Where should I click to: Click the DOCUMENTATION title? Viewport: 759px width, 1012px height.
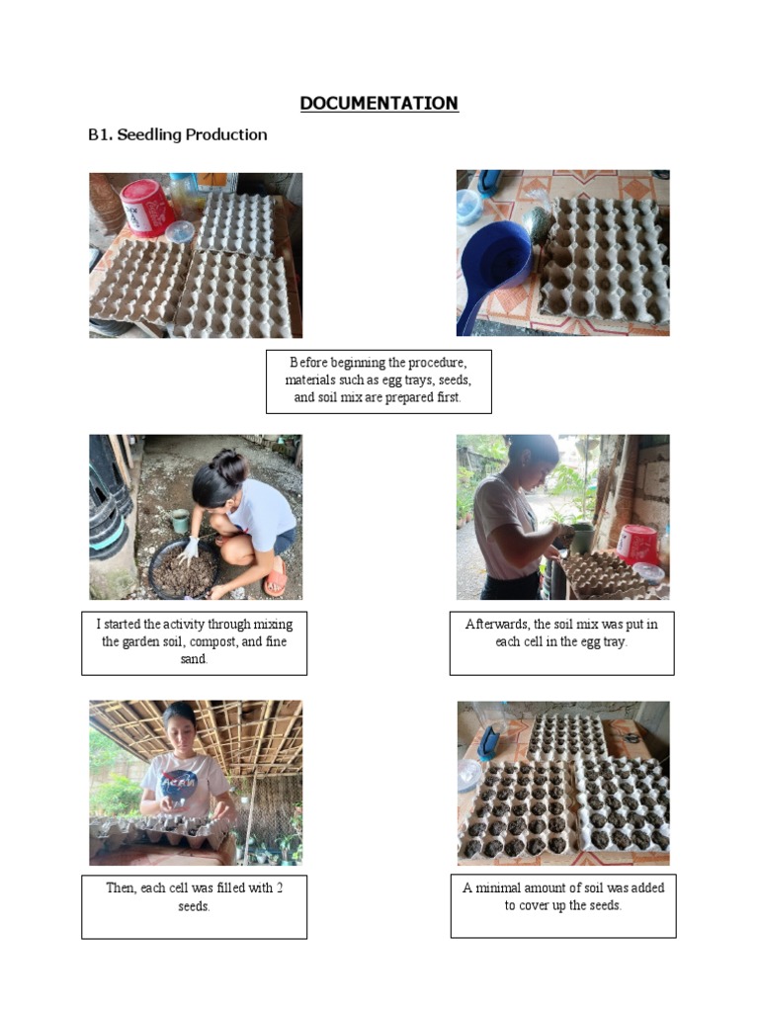379,104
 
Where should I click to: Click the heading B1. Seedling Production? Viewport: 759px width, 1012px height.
178,135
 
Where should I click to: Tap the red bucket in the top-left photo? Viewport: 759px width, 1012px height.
145,207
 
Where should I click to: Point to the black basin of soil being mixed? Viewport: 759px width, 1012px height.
184,570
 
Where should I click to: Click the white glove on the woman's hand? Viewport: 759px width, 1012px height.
189,548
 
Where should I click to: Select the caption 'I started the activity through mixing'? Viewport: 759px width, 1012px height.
194,641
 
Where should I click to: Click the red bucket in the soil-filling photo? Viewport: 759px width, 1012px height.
637,544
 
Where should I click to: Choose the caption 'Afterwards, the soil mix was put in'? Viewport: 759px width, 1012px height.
561,632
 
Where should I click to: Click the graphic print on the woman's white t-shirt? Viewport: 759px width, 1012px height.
180,783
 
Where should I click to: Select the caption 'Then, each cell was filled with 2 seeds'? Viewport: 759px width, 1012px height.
194,896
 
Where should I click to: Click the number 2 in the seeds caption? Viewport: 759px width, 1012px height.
280,887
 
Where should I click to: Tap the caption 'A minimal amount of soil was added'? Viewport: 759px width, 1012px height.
563,896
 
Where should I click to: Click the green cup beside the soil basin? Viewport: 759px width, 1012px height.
180,520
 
